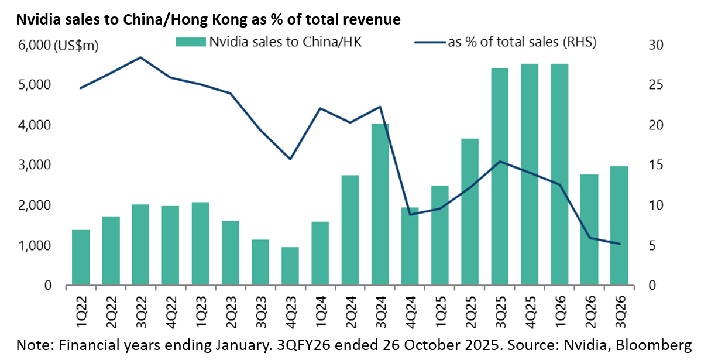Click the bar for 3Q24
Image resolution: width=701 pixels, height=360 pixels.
[x=380, y=205]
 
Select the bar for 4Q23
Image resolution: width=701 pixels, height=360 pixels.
[x=290, y=266]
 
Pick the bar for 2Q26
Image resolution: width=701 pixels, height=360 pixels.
[x=589, y=230]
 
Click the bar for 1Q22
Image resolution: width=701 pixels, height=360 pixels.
[x=81, y=258]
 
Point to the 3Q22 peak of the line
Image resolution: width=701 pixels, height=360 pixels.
[x=140, y=57]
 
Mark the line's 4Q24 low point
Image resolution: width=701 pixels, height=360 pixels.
[x=410, y=214]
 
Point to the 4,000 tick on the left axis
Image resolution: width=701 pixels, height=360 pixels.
[x=31, y=125]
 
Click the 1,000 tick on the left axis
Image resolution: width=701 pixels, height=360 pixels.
[x=31, y=246]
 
